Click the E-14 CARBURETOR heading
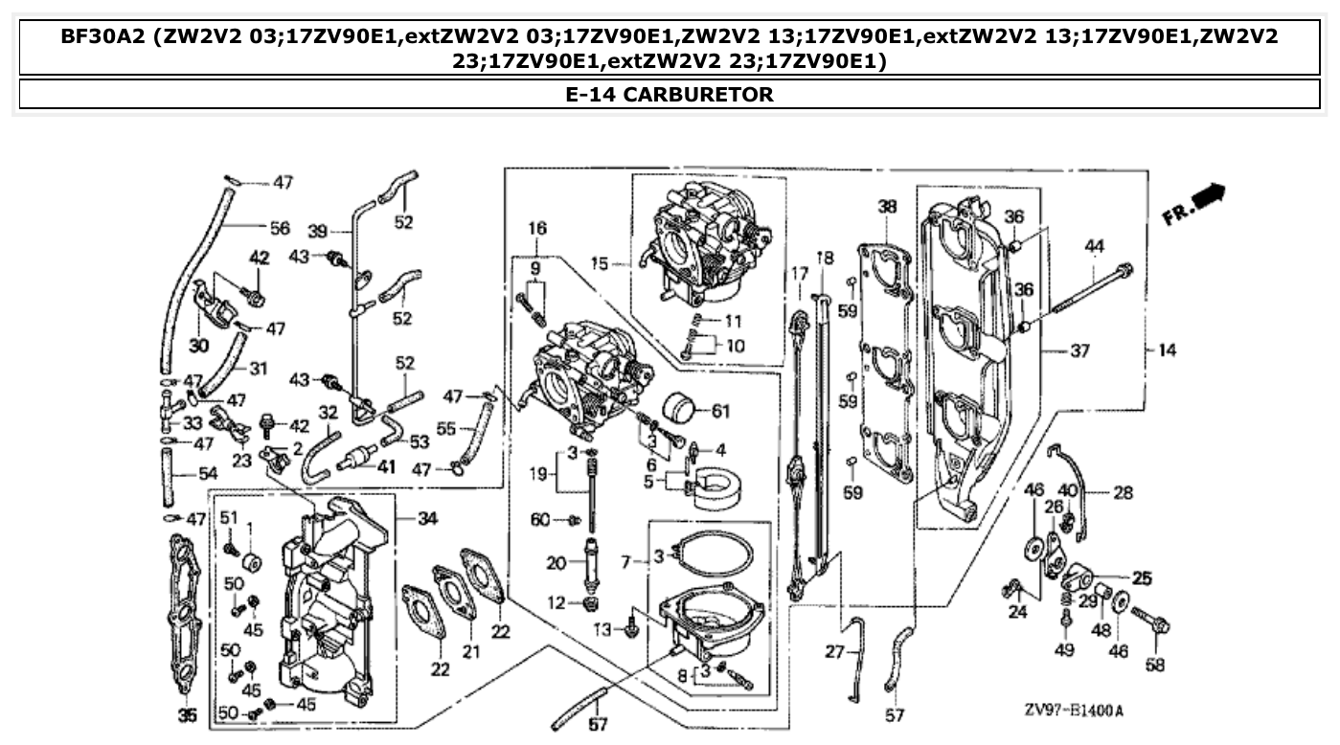(x=670, y=94)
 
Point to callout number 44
(x=1095, y=246)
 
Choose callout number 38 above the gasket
(x=887, y=206)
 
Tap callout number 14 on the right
(x=1166, y=350)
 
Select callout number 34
(x=427, y=518)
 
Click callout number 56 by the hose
(x=279, y=228)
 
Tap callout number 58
(x=1155, y=666)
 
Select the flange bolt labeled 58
(x=1148, y=619)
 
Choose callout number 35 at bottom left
(x=187, y=713)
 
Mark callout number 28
(x=1123, y=492)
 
